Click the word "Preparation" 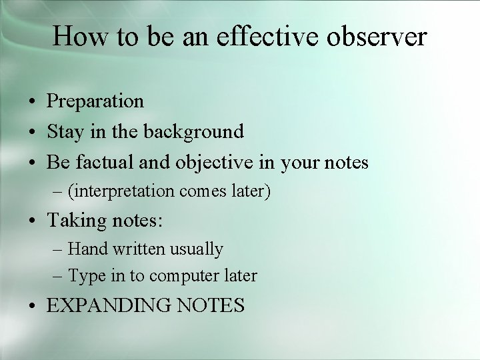click(x=95, y=101)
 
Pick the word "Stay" click(x=64, y=132)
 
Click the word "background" click(x=194, y=132)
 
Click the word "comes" click(x=204, y=193)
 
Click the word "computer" click(x=183, y=277)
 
